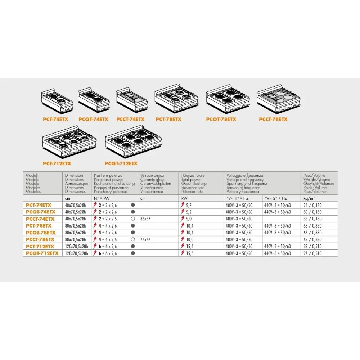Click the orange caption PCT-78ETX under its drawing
pyautogui.click(x=168, y=119)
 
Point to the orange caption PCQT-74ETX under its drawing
pyautogui.click(x=93, y=119)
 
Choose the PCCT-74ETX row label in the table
pyautogui.click(x=40, y=219)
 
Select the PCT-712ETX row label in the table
pyautogui.click(x=41, y=246)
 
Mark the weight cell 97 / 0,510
pyautogui.click(x=312, y=253)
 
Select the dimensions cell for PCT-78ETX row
pyautogui.click(x=76, y=226)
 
